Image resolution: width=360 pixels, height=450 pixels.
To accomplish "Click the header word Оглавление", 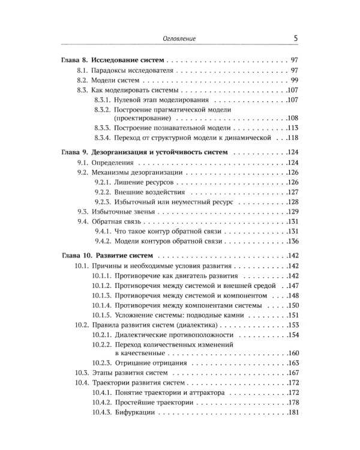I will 180,39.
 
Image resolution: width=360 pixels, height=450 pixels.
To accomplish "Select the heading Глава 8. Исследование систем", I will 114,61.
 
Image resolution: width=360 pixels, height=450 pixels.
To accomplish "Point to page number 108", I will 291,118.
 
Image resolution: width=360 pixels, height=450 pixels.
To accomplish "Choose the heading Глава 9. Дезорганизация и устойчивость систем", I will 145,152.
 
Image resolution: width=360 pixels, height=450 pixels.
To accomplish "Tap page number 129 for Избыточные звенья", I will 291,212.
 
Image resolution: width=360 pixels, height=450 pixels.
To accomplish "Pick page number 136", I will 291,241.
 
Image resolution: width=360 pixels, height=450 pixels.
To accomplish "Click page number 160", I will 291,353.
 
